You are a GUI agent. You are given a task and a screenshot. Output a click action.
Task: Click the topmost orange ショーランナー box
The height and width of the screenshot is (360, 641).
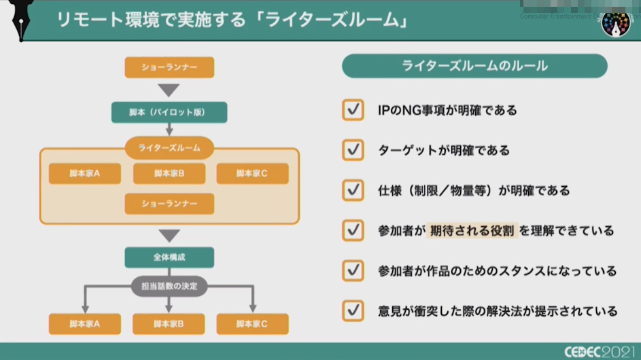[x=169, y=67]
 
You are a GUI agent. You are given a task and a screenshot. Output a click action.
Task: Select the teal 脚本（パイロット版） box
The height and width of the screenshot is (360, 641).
[x=169, y=112]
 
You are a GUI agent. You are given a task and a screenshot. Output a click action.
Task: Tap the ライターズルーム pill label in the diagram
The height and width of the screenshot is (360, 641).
[x=169, y=147]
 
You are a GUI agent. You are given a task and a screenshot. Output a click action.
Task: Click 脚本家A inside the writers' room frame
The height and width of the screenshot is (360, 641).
[x=85, y=174]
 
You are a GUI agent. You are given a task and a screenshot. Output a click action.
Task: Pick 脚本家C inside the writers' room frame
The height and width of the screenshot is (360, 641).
[x=252, y=174]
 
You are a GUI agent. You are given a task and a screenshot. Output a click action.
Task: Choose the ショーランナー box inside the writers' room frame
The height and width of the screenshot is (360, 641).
[x=169, y=204]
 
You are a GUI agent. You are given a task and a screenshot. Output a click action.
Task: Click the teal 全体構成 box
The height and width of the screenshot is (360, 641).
[x=169, y=257]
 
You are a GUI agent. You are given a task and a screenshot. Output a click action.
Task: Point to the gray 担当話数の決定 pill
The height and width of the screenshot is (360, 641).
[x=169, y=286]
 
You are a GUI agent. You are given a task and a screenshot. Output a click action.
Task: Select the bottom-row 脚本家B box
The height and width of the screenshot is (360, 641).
[x=169, y=324]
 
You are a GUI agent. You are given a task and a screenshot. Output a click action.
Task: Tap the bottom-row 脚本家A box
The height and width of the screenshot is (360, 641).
[x=85, y=324]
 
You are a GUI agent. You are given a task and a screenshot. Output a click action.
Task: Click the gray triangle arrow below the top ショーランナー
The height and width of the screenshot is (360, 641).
[x=169, y=90]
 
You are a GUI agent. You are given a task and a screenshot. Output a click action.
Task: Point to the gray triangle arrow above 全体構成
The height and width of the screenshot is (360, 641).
[x=169, y=236]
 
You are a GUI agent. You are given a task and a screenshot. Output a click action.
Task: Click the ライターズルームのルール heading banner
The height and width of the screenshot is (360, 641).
[x=474, y=66]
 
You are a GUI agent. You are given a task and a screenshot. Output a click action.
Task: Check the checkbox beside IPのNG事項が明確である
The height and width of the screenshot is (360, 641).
[x=353, y=110]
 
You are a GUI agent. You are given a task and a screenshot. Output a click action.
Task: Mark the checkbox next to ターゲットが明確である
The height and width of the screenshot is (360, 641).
[x=353, y=150]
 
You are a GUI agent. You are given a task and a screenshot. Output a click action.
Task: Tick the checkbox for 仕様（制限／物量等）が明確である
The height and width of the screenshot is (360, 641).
[x=353, y=190]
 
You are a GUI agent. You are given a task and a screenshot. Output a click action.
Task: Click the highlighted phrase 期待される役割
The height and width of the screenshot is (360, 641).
[x=472, y=231]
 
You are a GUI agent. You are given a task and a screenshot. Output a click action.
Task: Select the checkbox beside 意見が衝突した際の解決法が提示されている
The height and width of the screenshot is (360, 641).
[x=353, y=311]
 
